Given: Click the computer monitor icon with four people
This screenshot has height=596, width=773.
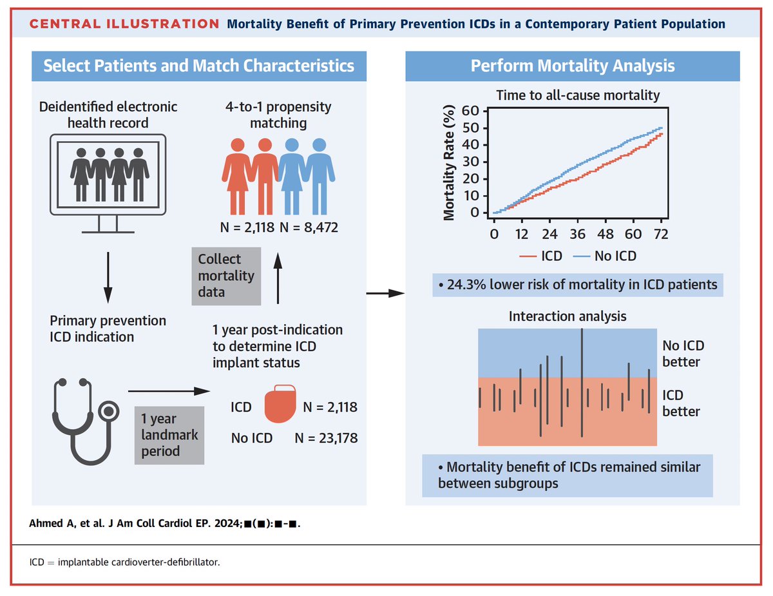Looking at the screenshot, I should click(108, 180).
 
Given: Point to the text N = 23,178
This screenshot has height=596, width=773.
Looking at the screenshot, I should click(326, 438).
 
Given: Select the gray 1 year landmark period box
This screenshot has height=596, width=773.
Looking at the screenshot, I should click(169, 435).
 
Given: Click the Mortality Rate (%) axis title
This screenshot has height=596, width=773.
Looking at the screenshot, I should click(450, 166).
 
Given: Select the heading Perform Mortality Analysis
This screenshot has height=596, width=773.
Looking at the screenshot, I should click(573, 66).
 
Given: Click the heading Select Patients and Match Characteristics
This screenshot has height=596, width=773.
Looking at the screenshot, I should click(198, 66).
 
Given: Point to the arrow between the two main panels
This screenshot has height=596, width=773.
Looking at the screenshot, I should click(385, 294).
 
